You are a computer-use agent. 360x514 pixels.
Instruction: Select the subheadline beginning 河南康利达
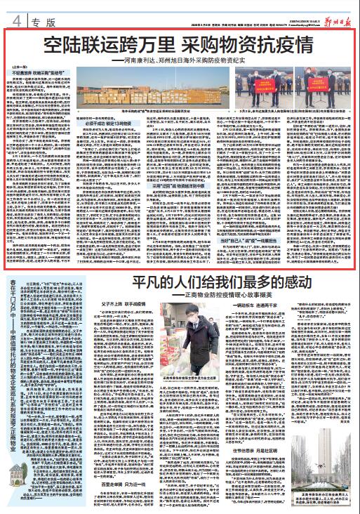(184, 61)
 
